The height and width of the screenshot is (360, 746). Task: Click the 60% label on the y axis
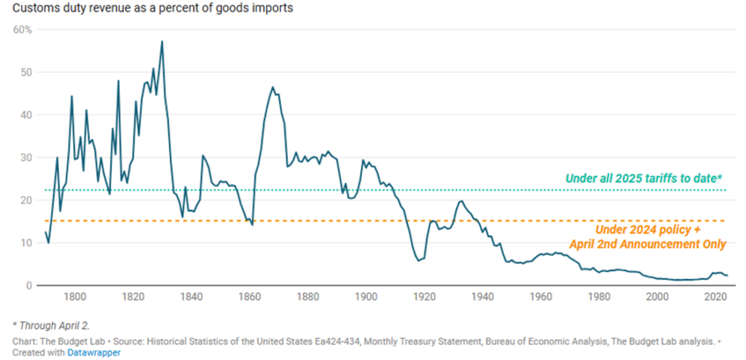[x=23, y=30]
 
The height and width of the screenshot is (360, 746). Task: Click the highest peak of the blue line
[x=162, y=42]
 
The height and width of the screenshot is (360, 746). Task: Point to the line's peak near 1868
[x=272, y=87]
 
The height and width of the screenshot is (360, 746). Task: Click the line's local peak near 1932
[x=461, y=201]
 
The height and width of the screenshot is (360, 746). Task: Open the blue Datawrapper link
[x=95, y=352]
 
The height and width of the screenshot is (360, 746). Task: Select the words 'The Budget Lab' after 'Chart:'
[x=69, y=340]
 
